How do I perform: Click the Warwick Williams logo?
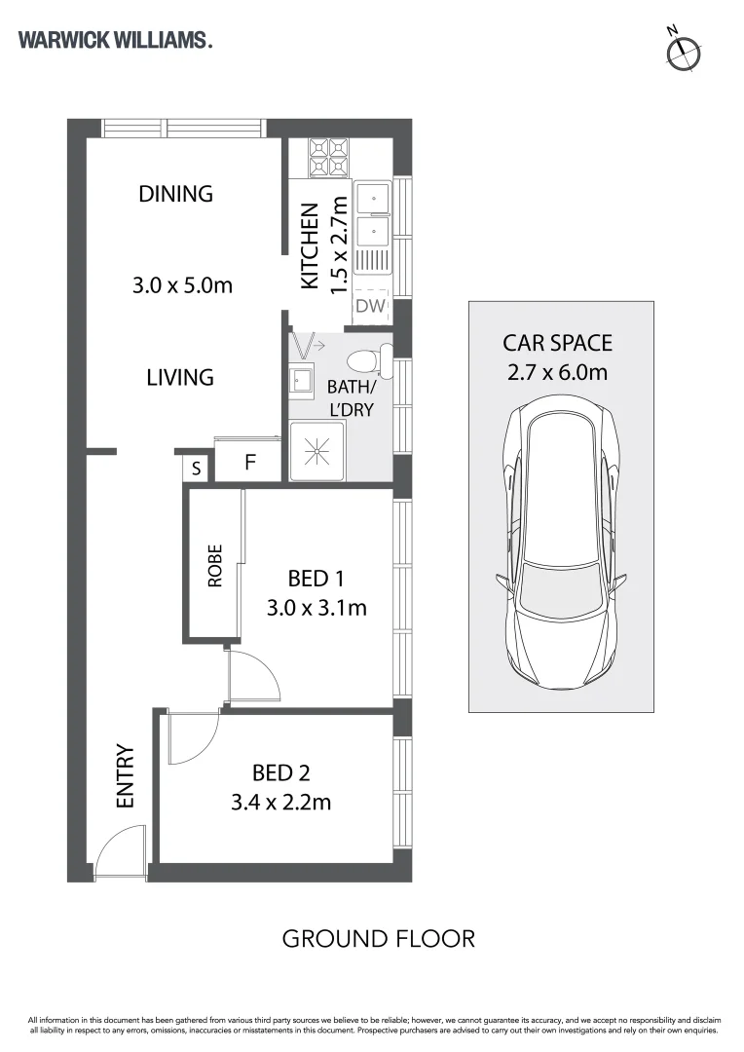coord(115,40)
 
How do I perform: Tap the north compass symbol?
coord(683,51)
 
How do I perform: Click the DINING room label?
coord(175,194)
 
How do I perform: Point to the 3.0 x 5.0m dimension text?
coord(182,285)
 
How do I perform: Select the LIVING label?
coord(180,377)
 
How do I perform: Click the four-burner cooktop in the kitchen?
coord(329,158)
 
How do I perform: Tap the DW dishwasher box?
coord(371,306)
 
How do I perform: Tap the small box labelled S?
coord(195,468)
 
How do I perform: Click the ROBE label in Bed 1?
coord(214,566)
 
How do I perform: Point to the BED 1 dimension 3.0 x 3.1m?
coord(316,608)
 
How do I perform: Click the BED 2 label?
coord(281,772)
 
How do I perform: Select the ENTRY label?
coord(126,775)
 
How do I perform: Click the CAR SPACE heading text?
coord(557,343)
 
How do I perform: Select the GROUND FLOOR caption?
coord(379,939)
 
